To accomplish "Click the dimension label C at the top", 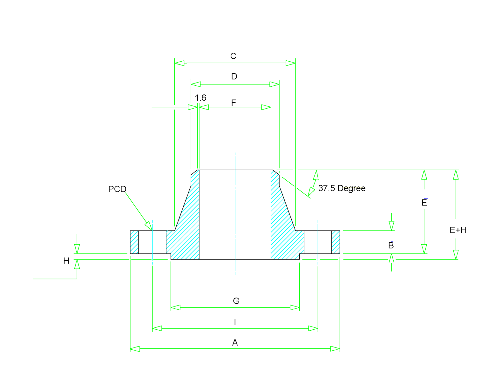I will (233, 56).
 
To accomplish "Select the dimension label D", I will (234, 77).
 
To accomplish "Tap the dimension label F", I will (234, 103).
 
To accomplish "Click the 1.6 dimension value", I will (200, 98).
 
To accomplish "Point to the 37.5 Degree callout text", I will (342, 188).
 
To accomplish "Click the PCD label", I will (117, 189).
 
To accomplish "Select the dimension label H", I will (66, 261).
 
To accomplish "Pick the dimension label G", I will (236, 301).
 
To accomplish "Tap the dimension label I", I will (235, 322).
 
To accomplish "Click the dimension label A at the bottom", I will (235, 343).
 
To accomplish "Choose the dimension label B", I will (391, 246).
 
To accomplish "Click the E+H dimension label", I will (458, 230).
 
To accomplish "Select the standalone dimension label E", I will (424, 203).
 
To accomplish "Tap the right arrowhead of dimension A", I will (335, 349).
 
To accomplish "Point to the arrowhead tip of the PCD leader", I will (151, 229).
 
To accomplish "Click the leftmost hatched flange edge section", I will (134, 242).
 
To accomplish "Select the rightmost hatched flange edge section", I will (336, 242).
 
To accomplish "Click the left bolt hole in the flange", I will (152, 242).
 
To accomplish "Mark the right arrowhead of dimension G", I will (295, 307).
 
